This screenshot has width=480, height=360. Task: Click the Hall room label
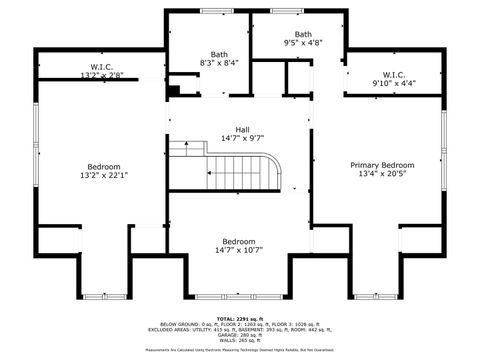click(x=242, y=129)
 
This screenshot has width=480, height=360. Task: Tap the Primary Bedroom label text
click(x=382, y=164)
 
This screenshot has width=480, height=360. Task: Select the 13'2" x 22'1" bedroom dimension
click(x=103, y=176)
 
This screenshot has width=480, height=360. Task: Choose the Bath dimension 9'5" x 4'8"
click(x=302, y=43)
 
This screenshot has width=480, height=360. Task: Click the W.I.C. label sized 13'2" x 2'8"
click(x=103, y=75)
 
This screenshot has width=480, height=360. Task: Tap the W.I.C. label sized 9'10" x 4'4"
click(x=393, y=83)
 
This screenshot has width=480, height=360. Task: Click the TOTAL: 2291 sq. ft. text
click(x=239, y=318)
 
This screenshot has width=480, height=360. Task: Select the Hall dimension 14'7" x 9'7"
click(x=242, y=138)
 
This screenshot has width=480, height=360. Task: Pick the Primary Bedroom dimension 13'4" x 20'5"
click(x=382, y=174)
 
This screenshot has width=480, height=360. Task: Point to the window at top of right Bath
click(x=282, y=11)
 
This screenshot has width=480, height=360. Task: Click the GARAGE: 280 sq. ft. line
click(x=239, y=335)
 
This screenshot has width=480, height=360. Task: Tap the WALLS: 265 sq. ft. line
click(x=239, y=341)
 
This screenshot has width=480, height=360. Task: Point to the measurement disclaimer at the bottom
click(x=239, y=351)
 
